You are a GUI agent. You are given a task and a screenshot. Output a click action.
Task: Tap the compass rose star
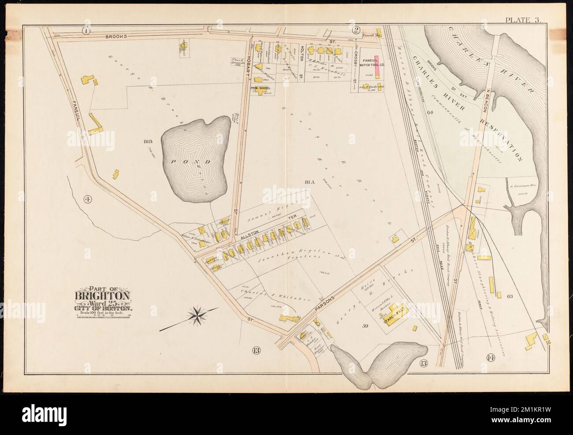coord(197,316)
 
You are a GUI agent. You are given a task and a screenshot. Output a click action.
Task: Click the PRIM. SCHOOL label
coord(260,88)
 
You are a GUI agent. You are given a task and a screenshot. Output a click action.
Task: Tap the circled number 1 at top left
coord(86,30)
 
